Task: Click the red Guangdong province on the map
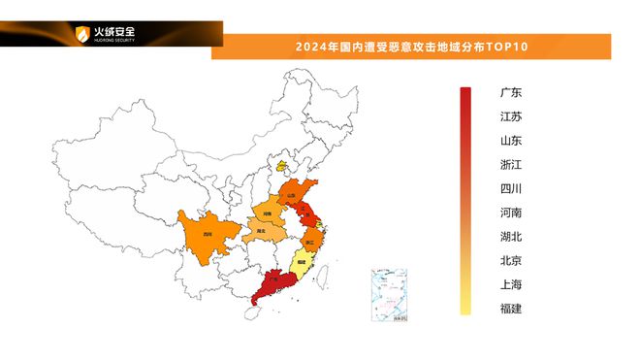click(274, 282)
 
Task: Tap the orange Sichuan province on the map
click(206, 234)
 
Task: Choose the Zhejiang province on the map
click(312, 240)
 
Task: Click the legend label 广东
click(510, 93)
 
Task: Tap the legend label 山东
click(510, 141)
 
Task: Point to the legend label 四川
click(510, 188)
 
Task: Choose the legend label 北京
click(510, 260)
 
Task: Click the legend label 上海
click(510, 284)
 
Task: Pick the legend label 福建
click(510, 309)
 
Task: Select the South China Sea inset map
click(392, 295)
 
